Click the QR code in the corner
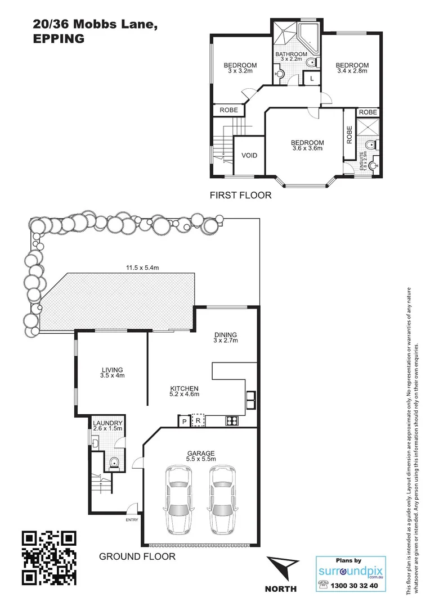click(x=48, y=558)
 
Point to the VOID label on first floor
click(x=249, y=155)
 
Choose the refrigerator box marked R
click(x=198, y=420)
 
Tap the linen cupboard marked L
click(x=311, y=79)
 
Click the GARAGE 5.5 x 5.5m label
click(x=201, y=456)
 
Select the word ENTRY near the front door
click(x=132, y=519)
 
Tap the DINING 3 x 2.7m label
click(x=225, y=338)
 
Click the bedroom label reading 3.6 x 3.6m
click(x=307, y=146)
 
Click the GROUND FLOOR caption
click(x=137, y=556)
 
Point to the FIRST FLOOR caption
click(x=240, y=196)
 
